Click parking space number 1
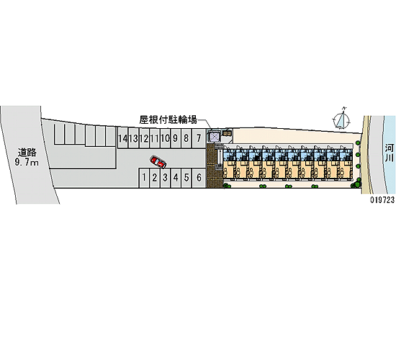(144, 178)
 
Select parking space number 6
(199, 178)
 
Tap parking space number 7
(199, 138)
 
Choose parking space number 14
(122, 138)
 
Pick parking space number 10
(165, 138)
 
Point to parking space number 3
(165, 178)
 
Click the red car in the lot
(158, 162)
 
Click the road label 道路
(27, 153)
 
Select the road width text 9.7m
(27, 163)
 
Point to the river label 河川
(390, 153)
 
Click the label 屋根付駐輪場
(168, 120)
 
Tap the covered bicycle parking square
(215, 137)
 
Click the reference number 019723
(382, 200)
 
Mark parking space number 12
(144, 138)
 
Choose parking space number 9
(176, 138)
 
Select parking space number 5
(186, 178)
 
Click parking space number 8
(186, 138)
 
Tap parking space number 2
(154, 178)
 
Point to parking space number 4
(176, 178)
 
